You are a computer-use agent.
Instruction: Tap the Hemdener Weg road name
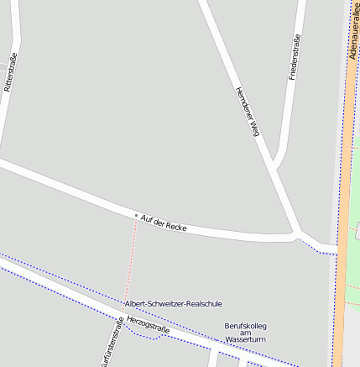coord(248,111)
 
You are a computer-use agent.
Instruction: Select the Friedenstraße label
coord(293,58)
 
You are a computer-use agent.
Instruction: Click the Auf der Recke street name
coord(164,223)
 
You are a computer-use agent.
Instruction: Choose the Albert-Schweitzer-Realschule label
coord(174,303)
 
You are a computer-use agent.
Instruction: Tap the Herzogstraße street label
coord(148,325)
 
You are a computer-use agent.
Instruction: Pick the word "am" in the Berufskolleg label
coord(245,333)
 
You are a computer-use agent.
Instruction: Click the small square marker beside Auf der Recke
coord(136,215)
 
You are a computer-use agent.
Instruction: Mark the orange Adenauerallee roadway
coord(342,210)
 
